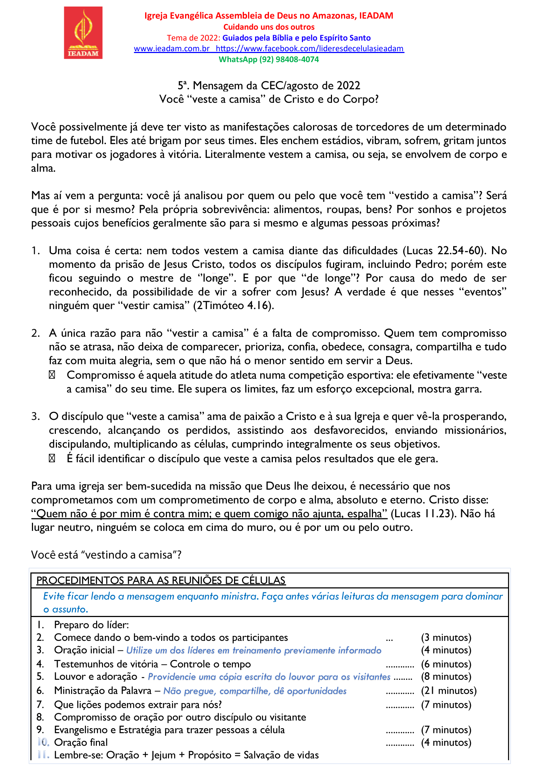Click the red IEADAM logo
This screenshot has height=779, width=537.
[x=83, y=33]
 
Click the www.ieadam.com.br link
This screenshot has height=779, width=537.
[x=172, y=49]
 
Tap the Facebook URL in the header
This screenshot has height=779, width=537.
[x=310, y=49]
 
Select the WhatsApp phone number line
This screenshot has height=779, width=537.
[x=268, y=60]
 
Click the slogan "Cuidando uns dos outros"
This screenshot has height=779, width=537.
[x=268, y=27]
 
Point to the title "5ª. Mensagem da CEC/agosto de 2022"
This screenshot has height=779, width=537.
[x=268, y=86]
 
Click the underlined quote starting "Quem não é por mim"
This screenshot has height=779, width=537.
[x=209, y=514]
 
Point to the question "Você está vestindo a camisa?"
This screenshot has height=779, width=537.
[x=106, y=555]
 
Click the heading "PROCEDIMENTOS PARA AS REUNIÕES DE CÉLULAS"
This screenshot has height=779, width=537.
[x=161, y=580]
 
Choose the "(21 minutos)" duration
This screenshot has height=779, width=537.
[x=448, y=690]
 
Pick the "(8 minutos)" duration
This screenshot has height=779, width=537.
[x=446, y=676]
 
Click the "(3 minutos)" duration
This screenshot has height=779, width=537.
[x=446, y=637]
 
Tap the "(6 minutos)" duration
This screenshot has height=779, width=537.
[x=446, y=664]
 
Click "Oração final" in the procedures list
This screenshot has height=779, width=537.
[x=81, y=742]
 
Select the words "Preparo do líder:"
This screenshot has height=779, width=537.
[x=91, y=625]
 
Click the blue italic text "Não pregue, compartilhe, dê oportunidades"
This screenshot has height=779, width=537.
[x=255, y=691]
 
